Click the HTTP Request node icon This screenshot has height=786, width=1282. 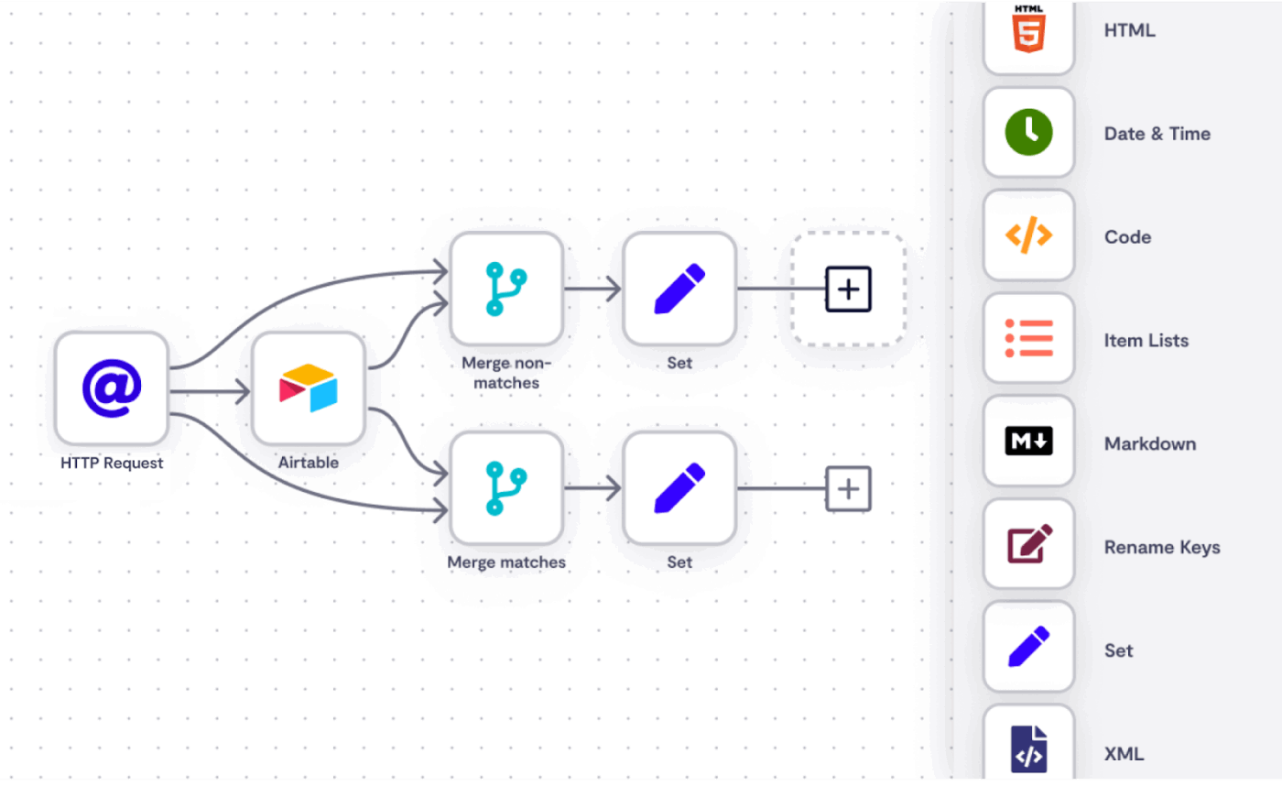pos(112,388)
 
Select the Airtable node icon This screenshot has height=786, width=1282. pos(309,388)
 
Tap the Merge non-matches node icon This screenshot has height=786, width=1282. pos(506,289)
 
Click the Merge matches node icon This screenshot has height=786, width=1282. pos(506,488)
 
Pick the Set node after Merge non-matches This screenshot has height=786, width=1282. pos(679,289)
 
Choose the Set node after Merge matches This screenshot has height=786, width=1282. pos(679,488)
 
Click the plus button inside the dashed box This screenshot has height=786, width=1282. pos(848,289)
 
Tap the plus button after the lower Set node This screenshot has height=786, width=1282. pos(848,488)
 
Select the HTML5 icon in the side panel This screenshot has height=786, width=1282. pos(1028,30)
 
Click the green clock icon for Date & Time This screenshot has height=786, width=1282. pos(1028,133)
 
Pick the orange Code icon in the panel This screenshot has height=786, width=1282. pos(1028,236)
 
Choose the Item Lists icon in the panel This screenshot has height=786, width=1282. pos(1028,340)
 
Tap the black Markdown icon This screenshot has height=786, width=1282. pos(1028,442)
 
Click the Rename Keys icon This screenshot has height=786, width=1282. pos(1028,546)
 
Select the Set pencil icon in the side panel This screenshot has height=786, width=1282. pos(1028,649)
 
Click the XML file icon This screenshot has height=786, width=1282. pos(1028,749)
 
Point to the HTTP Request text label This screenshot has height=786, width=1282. pos(112,463)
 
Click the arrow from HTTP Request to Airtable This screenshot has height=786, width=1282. pos(211,393)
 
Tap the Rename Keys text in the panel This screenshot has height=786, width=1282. pos(1161,548)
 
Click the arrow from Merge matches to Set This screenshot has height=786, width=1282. pos(593,488)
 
